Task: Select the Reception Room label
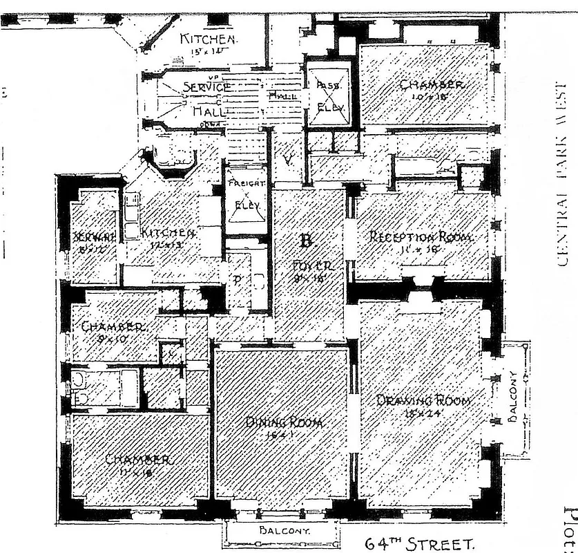click(421, 237)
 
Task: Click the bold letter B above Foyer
click(306, 241)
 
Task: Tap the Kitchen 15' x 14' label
click(208, 39)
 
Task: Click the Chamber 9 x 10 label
click(113, 327)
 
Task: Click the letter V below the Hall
click(289, 160)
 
